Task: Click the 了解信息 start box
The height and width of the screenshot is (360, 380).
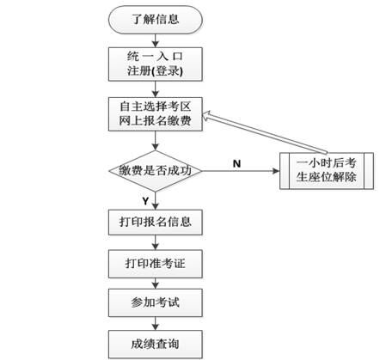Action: tap(156, 18)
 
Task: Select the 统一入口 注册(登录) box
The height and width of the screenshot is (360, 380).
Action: tap(156, 61)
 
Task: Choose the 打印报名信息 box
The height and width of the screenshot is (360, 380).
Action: tap(156, 223)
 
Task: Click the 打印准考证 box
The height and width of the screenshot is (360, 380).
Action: tap(156, 263)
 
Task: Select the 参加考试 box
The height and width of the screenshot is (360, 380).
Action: tap(156, 303)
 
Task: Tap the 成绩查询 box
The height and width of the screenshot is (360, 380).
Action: tap(156, 344)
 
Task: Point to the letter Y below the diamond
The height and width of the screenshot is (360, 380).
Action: tap(144, 200)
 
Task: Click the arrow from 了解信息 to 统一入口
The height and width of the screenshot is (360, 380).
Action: tap(156, 37)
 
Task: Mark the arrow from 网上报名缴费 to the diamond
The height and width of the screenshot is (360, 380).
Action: tap(156, 140)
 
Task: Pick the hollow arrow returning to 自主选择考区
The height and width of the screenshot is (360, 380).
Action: tap(258, 133)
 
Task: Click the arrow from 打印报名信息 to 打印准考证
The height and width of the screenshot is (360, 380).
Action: tap(156, 242)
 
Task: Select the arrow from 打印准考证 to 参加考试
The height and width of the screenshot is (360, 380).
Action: tap(156, 283)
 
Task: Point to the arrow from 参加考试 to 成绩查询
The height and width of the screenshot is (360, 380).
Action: tap(156, 323)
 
